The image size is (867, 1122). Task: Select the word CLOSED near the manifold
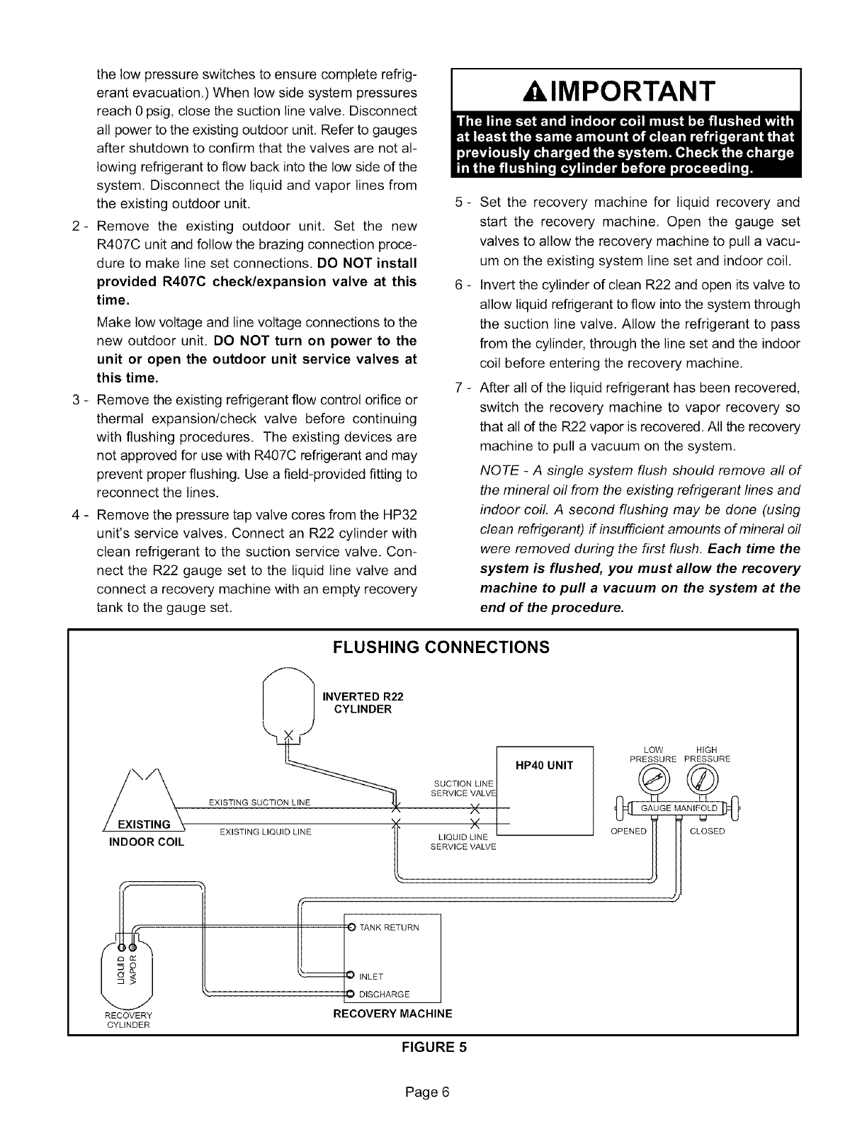[707, 831]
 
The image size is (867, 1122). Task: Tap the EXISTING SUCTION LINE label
[260, 802]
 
